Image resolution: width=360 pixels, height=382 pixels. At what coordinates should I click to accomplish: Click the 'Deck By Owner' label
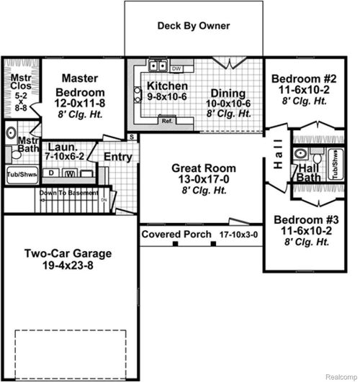tap(194, 26)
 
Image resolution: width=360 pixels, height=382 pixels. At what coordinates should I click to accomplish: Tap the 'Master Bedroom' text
tap(80, 85)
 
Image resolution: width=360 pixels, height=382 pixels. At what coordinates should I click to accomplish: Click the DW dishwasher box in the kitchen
tap(176, 68)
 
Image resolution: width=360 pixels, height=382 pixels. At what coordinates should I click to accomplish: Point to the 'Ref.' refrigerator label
tap(167, 121)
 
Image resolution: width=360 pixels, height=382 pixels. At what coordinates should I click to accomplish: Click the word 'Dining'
tap(228, 93)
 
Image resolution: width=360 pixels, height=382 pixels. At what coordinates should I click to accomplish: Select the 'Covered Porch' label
tap(176, 235)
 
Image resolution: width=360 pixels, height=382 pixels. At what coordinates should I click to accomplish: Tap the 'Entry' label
tap(117, 156)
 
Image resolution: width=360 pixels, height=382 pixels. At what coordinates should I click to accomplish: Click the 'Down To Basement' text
tap(48, 193)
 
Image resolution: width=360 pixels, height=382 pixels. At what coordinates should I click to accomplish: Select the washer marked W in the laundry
tap(71, 173)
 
